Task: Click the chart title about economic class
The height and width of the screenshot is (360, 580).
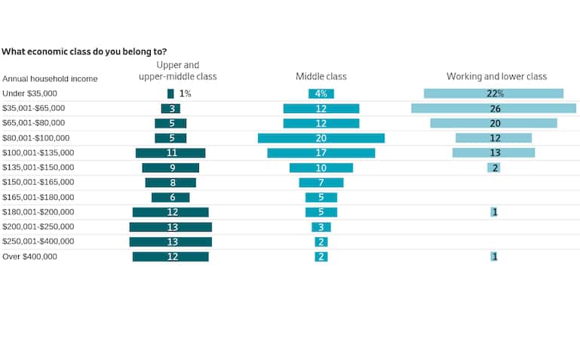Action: pyautogui.click(x=84, y=51)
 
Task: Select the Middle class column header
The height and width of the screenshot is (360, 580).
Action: pyautogui.click(x=321, y=76)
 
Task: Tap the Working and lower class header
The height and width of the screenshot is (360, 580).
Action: pyautogui.click(x=496, y=76)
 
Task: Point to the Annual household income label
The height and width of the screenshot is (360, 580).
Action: pyautogui.click(x=50, y=78)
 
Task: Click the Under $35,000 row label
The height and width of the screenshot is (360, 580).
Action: pyautogui.click(x=29, y=94)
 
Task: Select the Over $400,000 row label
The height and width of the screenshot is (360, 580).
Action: pyautogui.click(x=29, y=257)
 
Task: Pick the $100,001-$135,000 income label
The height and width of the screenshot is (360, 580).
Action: pyautogui.click(x=38, y=152)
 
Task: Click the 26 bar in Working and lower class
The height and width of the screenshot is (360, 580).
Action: pyautogui.click(x=493, y=109)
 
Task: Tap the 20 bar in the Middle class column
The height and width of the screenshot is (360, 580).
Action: pyautogui.click(x=321, y=138)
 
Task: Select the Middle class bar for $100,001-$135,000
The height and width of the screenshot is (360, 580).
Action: pyautogui.click(x=321, y=152)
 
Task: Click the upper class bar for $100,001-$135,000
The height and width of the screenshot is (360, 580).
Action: pyautogui.click(x=170, y=152)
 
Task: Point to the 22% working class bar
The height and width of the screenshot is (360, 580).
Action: pyautogui.click(x=493, y=94)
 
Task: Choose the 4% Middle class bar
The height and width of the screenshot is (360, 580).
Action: pyautogui.click(x=321, y=94)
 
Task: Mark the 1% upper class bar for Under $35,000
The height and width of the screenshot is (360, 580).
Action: pyautogui.click(x=170, y=94)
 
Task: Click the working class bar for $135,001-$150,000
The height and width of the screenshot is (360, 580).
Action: pyautogui.click(x=493, y=168)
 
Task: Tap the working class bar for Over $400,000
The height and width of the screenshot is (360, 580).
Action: pyautogui.click(x=494, y=257)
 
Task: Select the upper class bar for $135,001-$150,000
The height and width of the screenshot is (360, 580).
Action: pyautogui.click(x=170, y=168)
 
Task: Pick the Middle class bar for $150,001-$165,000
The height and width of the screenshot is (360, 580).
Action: pyautogui.click(x=321, y=183)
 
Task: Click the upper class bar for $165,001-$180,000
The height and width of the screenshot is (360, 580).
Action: pyautogui.click(x=170, y=197)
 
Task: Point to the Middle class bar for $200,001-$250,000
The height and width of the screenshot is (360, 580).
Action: pyautogui.click(x=321, y=227)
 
